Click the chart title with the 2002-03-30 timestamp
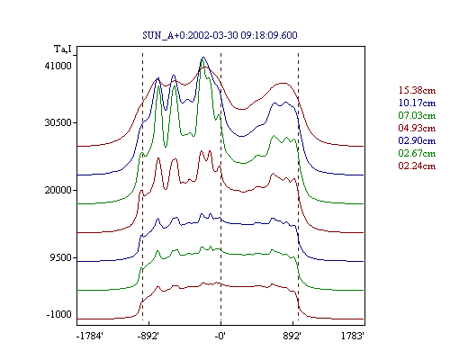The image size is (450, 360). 220,35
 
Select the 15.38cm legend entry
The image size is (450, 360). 417,90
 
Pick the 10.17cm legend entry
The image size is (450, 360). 417,103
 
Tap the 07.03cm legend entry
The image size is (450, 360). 417,115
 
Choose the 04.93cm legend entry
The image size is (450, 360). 417,128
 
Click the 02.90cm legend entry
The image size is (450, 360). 417,140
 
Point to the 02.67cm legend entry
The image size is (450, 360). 417,153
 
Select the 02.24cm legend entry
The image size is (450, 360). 417,166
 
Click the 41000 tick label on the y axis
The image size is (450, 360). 58,66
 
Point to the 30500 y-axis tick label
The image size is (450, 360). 58,122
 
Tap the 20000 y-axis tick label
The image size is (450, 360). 58,190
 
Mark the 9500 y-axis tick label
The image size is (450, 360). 61,257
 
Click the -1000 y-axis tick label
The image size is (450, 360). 58,314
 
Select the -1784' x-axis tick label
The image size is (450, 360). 90,336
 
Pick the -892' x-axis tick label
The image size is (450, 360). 148,336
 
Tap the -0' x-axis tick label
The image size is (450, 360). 220,336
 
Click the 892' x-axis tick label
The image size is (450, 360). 292,336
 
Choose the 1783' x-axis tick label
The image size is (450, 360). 353,336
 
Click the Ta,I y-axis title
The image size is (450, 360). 63,49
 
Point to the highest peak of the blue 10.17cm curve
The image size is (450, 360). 203,57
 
